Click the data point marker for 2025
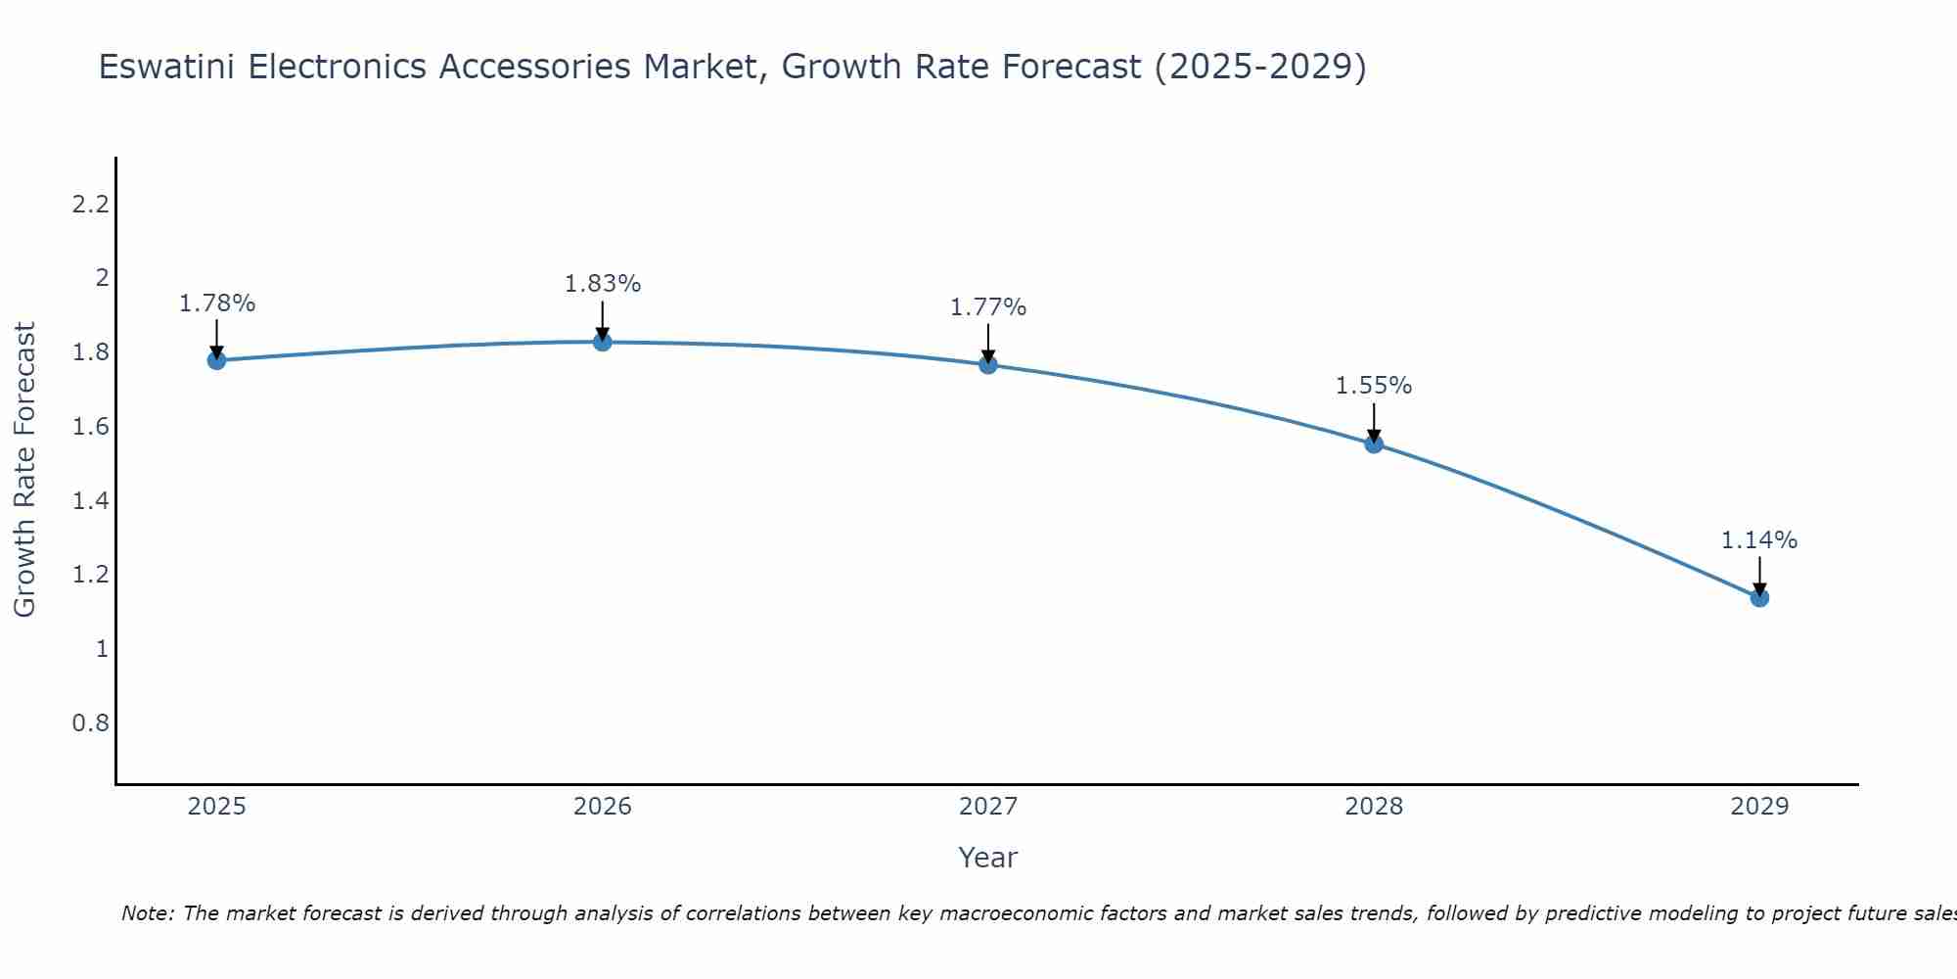tap(216, 360)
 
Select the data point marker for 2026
tap(603, 342)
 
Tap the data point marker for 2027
tap(988, 365)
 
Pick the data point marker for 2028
tap(1374, 443)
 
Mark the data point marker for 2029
tap(1759, 597)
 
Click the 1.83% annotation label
tap(603, 284)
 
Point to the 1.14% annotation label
tap(1759, 540)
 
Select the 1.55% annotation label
tap(1374, 386)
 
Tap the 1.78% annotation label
tap(216, 303)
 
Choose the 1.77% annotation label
tap(988, 307)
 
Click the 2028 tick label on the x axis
tap(1374, 807)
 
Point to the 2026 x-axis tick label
tap(603, 807)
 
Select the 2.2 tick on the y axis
tap(90, 205)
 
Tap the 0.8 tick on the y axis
tap(90, 723)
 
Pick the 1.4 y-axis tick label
tap(90, 501)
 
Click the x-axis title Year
tap(988, 858)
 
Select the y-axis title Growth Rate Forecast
tap(24, 470)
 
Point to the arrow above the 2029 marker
tap(1759, 576)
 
